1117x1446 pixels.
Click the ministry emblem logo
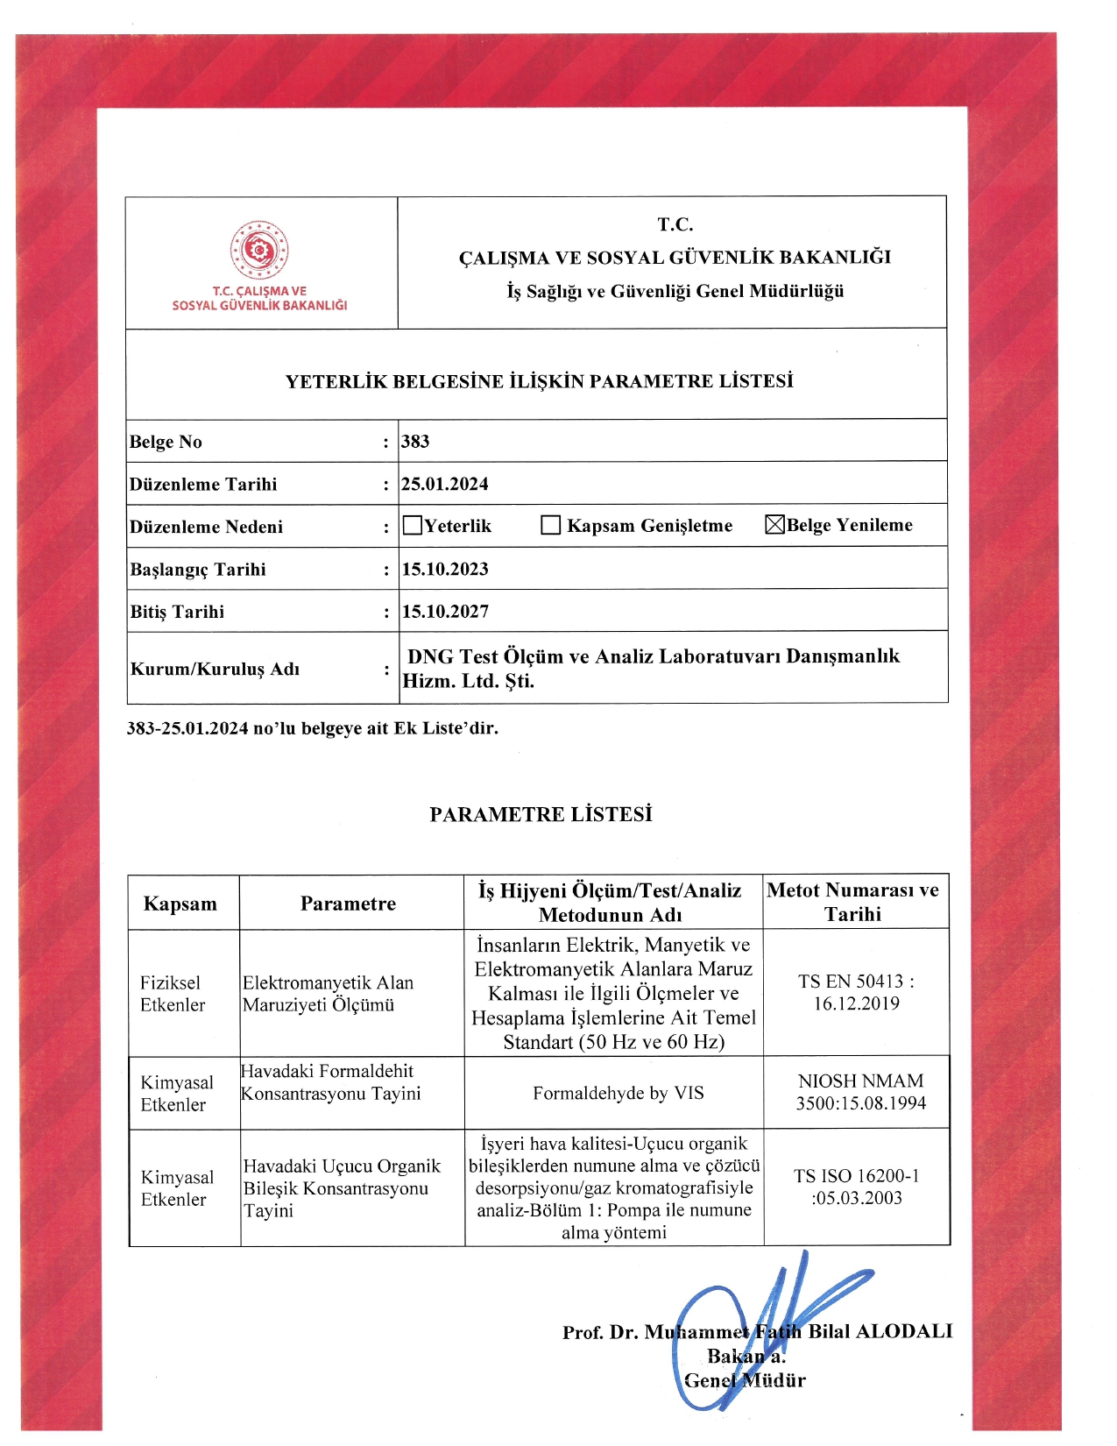click(x=259, y=251)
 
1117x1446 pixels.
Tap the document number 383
click(x=415, y=442)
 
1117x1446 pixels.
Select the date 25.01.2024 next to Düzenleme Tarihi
click(x=445, y=484)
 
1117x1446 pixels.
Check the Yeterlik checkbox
click(x=413, y=526)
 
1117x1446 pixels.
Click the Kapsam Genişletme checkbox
click(x=551, y=526)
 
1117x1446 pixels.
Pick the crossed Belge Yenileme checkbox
click(x=774, y=525)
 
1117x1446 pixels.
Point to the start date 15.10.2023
click(x=445, y=569)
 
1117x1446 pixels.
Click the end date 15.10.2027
click(x=445, y=612)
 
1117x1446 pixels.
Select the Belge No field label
click(x=166, y=442)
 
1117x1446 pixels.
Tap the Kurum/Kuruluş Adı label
click(x=215, y=670)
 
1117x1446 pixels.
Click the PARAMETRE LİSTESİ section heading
click(x=541, y=814)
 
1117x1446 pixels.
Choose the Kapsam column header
click(x=180, y=904)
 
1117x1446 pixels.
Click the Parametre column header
click(x=348, y=904)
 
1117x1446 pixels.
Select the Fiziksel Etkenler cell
click(x=172, y=994)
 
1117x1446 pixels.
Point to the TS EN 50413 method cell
click(x=856, y=993)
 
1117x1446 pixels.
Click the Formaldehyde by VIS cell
click(x=619, y=1093)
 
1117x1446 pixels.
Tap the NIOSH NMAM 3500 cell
click(x=860, y=1092)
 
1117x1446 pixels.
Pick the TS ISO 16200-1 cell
click(x=857, y=1187)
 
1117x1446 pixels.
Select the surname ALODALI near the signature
click(x=903, y=1331)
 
